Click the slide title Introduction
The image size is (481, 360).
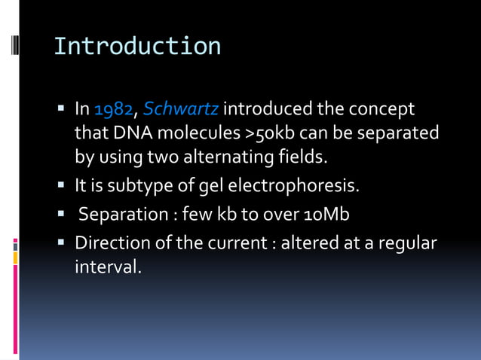coord(137,47)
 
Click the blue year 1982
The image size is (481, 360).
coord(115,110)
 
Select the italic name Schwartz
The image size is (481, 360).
coord(180,110)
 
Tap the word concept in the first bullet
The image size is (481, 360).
coord(383,110)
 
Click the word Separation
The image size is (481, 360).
coord(121,215)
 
